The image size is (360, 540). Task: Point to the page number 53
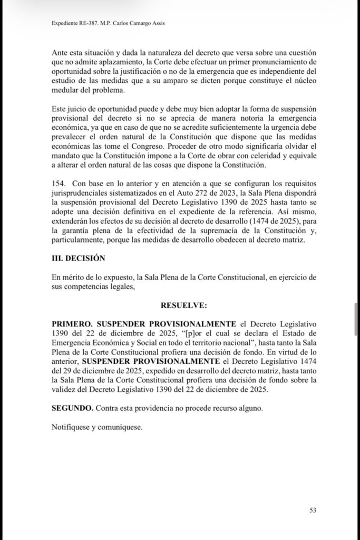click(x=313, y=510)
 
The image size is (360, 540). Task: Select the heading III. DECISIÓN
click(x=79, y=258)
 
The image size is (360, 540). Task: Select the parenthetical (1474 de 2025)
click(x=250, y=221)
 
